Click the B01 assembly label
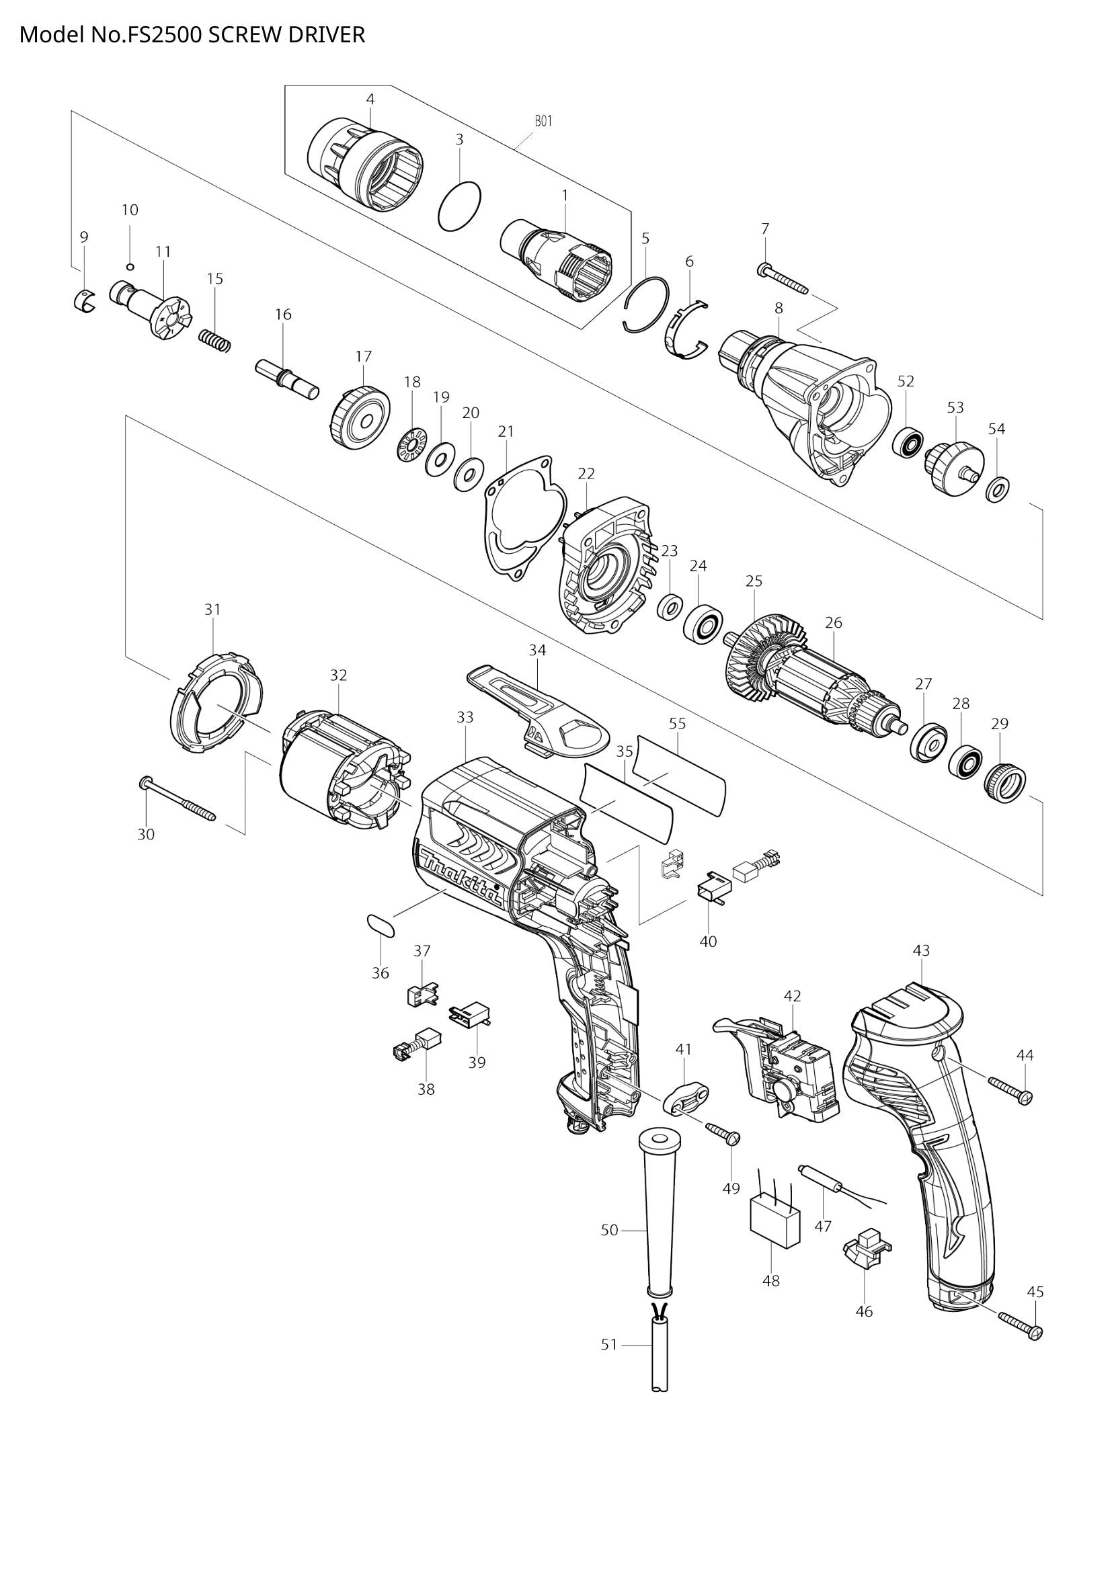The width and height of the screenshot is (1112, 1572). click(543, 121)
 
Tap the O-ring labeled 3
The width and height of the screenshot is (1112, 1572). click(459, 208)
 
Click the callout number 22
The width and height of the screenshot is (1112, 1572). click(586, 473)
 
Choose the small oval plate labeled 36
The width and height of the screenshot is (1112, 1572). click(381, 924)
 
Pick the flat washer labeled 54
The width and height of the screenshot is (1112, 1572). click(998, 490)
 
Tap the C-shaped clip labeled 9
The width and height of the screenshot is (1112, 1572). click(83, 300)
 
